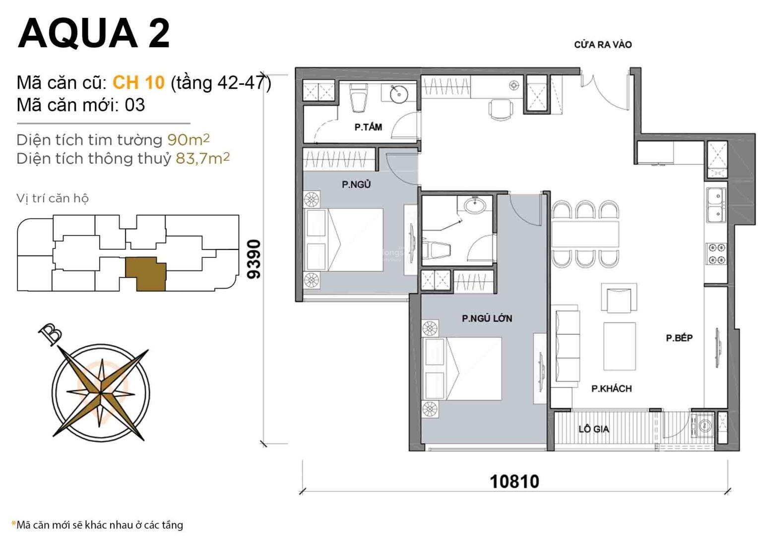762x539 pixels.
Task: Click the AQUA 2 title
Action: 94,34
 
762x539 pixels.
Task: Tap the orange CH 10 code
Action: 138,82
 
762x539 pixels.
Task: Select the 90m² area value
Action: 189,139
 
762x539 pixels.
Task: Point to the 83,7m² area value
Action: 202,158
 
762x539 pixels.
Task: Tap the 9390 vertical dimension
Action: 254,259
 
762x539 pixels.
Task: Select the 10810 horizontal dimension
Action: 514,481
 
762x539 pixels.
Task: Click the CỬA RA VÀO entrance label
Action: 603,45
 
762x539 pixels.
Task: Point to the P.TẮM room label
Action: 368,127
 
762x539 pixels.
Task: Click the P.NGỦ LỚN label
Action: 487,318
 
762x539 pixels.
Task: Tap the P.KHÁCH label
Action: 611,388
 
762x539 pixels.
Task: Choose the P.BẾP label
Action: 679,338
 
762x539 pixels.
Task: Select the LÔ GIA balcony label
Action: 594,429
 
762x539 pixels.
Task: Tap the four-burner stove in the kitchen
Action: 717,254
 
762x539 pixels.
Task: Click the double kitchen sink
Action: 716,205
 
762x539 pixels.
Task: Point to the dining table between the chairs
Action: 585,234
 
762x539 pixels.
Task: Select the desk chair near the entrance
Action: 501,109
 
